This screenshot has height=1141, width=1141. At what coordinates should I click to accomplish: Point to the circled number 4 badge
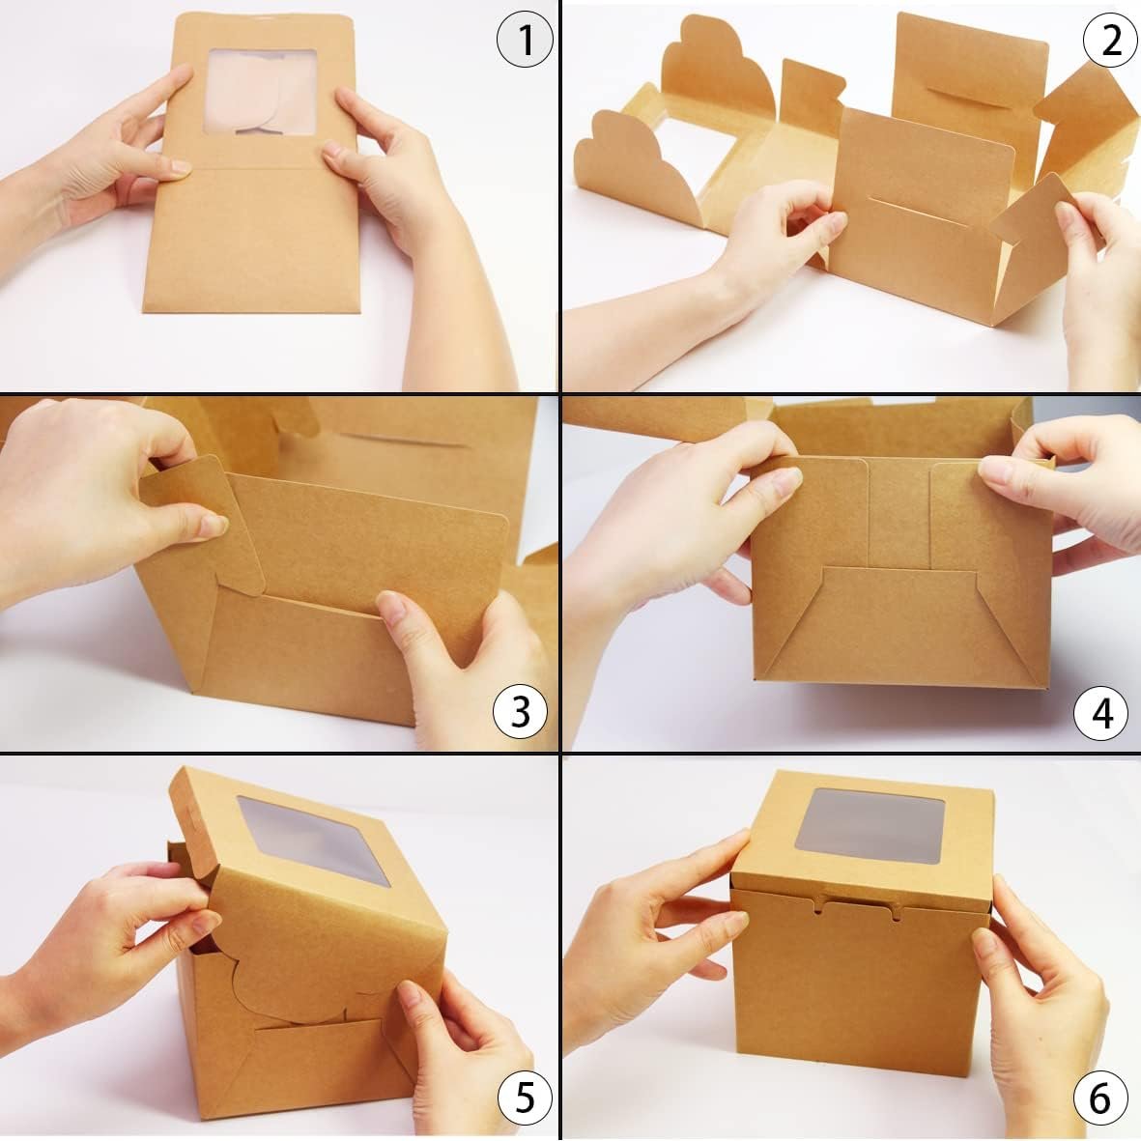click(1101, 713)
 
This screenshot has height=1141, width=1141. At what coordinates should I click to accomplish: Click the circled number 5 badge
click(524, 1098)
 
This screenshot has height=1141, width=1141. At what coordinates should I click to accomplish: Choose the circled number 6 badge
click(1099, 1098)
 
